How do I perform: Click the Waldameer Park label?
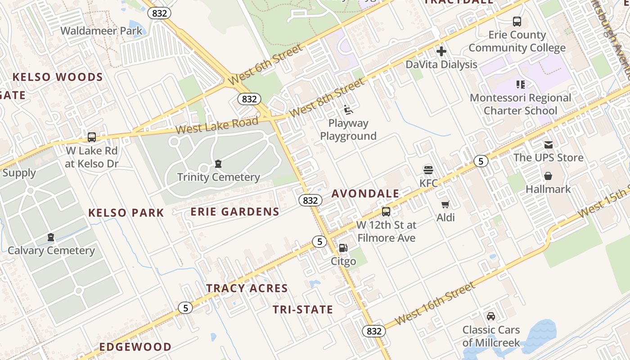point(101,31)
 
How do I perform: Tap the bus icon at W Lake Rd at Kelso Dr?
point(92,137)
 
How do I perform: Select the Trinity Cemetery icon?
point(218,163)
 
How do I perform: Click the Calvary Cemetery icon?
point(51,237)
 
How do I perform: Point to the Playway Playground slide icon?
point(348,109)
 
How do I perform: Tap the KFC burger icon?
point(428,170)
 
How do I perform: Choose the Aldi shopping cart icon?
point(445,204)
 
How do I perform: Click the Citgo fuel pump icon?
point(343,247)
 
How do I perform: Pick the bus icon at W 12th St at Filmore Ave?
point(386,211)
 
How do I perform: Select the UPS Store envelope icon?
point(548,144)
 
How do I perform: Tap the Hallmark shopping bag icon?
point(548,175)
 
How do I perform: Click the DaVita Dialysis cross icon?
point(441,51)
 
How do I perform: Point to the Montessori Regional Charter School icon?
point(521,84)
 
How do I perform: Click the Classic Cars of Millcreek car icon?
point(491,316)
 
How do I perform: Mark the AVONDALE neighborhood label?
point(365,193)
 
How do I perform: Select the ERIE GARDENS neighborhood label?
point(235,211)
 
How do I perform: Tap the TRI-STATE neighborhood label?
point(303,310)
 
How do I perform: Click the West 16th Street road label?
point(434,305)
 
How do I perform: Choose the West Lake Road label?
point(217,125)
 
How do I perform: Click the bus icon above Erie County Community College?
point(517,21)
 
